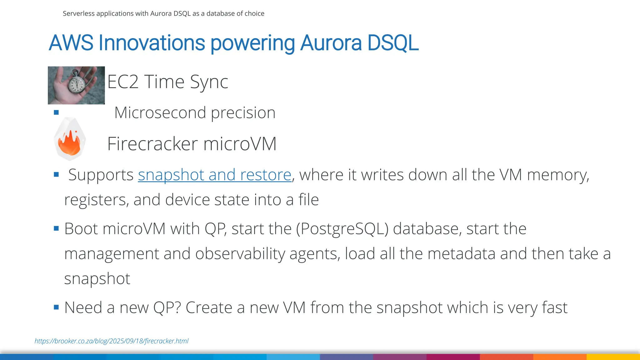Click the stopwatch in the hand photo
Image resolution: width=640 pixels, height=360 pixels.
click(77, 83)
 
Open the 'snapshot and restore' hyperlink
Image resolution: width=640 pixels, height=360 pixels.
click(215, 175)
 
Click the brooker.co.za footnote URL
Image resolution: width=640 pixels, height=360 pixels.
click(112, 341)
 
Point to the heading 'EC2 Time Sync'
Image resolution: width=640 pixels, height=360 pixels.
click(167, 82)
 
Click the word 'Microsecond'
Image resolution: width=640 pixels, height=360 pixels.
click(160, 112)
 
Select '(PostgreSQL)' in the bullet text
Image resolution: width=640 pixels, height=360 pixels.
click(342, 229)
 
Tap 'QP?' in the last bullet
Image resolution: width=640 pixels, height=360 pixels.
click(167, 308)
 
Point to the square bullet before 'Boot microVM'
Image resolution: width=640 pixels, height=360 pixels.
click(56, 229)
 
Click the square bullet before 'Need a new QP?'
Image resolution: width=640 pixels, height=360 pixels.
click(56, 307)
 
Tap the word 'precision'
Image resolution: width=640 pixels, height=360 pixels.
click(243, 112)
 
